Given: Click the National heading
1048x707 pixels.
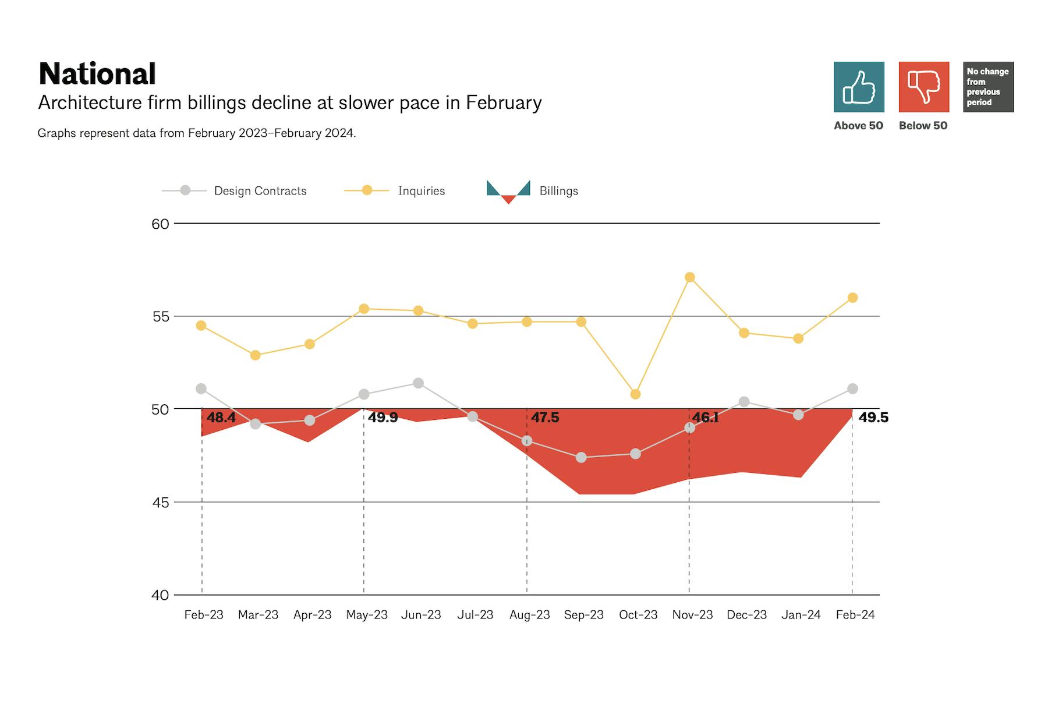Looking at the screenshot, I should click(x=97, y=74).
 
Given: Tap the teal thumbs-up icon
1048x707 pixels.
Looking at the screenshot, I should click(x=859, y=87).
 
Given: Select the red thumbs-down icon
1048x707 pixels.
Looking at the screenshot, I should click(x=924, y=87).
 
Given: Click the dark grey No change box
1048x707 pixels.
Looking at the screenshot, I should click(x=988, y=87).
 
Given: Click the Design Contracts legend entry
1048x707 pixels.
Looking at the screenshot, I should click(x=260, y=191).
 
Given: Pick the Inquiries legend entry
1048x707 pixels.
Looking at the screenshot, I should click(x=421, y=191).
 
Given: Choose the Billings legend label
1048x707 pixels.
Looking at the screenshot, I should click(x=558, y=191).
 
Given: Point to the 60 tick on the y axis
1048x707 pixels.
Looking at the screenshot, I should click(x=160, y=224).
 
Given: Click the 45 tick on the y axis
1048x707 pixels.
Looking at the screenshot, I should click(x=160, y=503).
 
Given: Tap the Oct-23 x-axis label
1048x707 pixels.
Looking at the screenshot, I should click(x=638, y=615).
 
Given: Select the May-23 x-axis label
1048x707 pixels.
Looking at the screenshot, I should click(x=367, y=615).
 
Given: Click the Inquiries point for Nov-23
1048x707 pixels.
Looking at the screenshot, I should click(x=690, y=277).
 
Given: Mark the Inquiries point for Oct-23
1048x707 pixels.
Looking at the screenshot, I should click(x=635, y=394).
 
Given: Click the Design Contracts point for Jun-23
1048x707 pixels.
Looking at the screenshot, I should click(x=418, y=383).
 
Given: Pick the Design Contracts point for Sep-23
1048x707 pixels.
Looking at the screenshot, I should click(x=581, y=458).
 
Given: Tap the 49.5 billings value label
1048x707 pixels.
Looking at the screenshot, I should click(x=873, y=418).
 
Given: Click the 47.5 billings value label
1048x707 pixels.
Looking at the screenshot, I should click(x=545, y=418).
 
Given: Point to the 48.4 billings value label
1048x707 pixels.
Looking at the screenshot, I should click(x=221, y=418).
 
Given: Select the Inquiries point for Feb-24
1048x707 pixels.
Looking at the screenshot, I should click(x=852, y=298).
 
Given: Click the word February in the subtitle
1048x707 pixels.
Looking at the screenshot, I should click(x=504, y=103).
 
